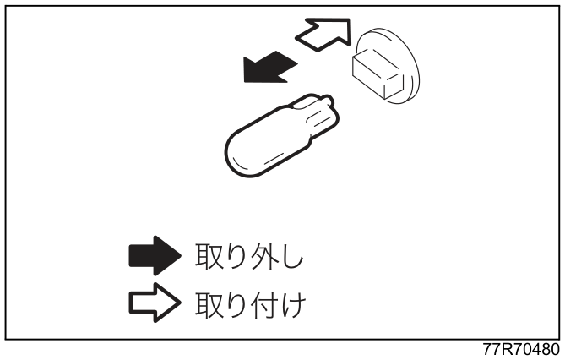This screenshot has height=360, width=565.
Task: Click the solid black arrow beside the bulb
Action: coord(269,68)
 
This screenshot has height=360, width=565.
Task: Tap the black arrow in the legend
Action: coord(155,256)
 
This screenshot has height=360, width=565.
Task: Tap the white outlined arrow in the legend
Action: coord(155,303)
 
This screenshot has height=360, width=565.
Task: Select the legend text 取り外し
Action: coord(249,257)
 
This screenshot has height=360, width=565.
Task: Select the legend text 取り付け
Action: coord(251,304)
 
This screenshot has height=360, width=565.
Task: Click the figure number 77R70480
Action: coord(521,349)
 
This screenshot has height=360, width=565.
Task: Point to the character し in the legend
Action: coord(292,257)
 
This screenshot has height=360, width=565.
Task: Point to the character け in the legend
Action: coord(294,304)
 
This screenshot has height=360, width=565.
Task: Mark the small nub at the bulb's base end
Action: coord(327,100)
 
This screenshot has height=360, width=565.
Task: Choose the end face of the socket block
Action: coord(392,86)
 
